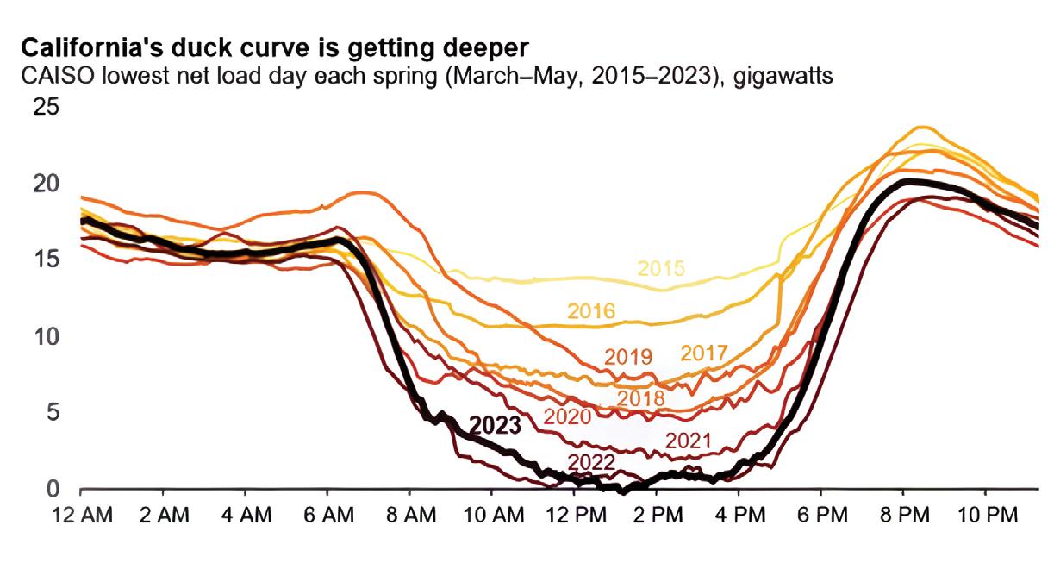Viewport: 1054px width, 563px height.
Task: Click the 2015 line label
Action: [x=661, y=268]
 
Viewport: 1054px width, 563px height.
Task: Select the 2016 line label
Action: [x=590, y=311]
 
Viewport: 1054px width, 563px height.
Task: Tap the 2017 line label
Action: [x=704, y=353]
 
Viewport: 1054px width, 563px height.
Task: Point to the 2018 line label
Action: [x=641, y=398]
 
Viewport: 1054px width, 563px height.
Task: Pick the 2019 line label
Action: [x=628, y=356]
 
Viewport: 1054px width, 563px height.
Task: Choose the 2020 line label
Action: [x=566, y=417]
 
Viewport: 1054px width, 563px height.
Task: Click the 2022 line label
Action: [x=590, y=461]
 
